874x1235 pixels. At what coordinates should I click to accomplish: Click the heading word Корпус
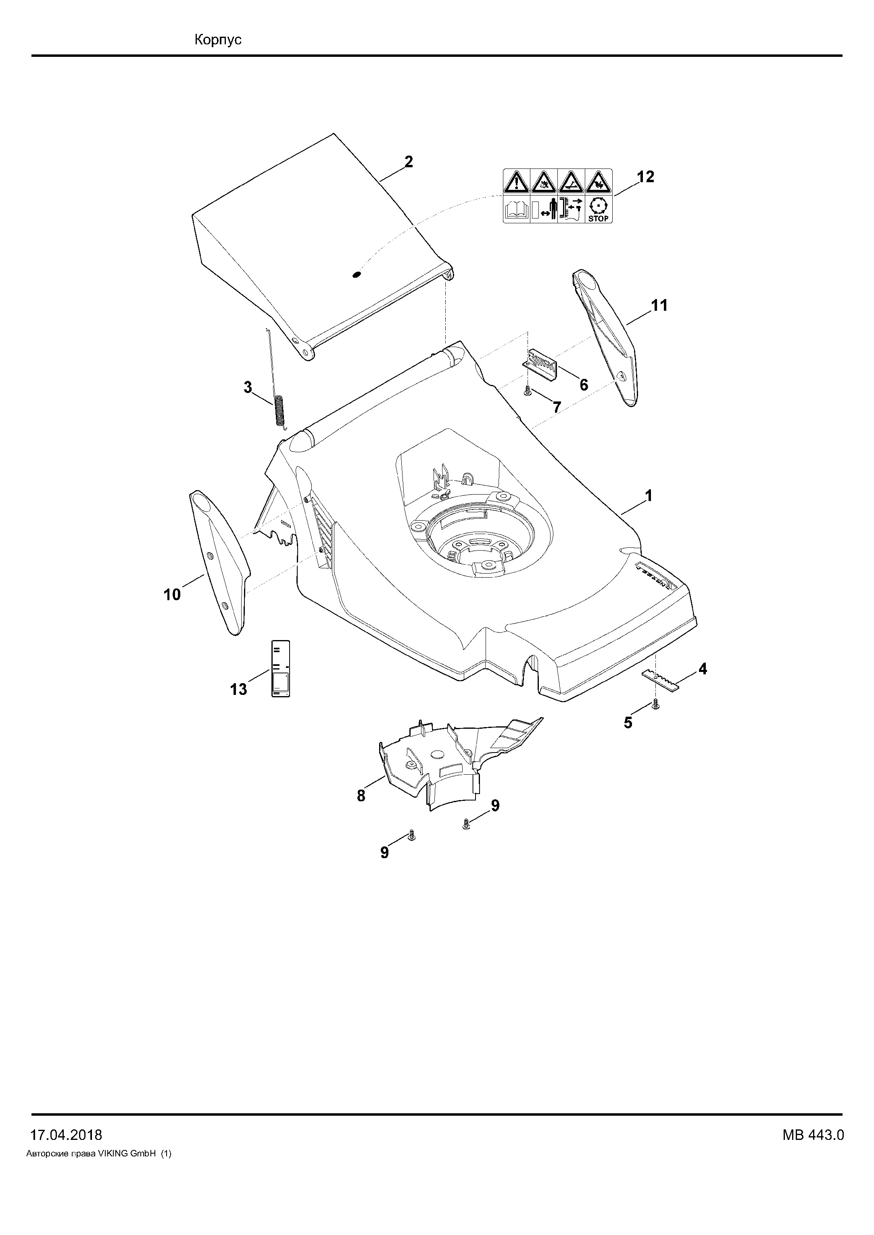click(218, 40)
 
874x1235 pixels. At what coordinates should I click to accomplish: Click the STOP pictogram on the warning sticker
click(598, 209)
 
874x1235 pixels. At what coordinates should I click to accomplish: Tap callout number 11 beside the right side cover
click(659, 305)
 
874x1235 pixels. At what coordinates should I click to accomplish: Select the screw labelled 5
click(655, 704)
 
